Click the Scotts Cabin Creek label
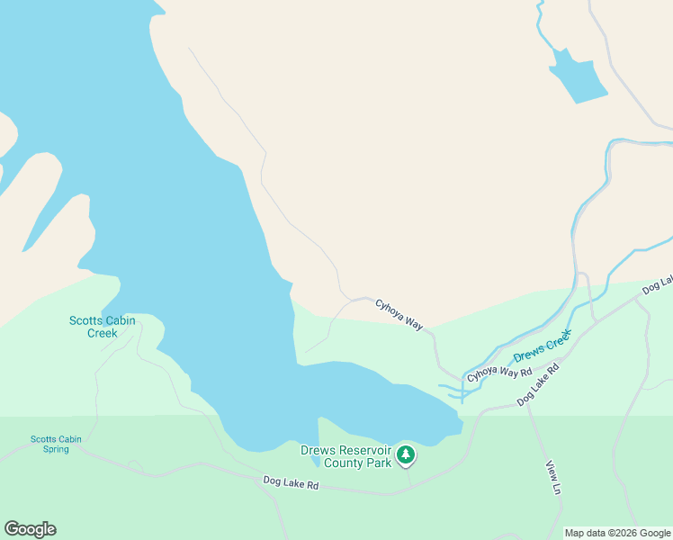pyautogui.click(x=93, y=327)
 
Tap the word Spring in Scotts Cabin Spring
pyautogui.click(x=56, y=449)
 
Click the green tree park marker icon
pyautogui.click(x=406, y=455)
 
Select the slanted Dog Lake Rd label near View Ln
pyautogui.click(x=538, y=384)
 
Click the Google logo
pyautogui.click(x=30, y=529)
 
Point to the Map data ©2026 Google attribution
pyautogui.click(x=617, y=533)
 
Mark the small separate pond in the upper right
pyautogui.click(x=578, y=76)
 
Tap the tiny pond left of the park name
pyautogui.click(x=313, y=461)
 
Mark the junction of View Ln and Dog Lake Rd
pyautogui.click(x=526, y=404)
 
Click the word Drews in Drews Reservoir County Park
pyautogui.click(x=317, y=450)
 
